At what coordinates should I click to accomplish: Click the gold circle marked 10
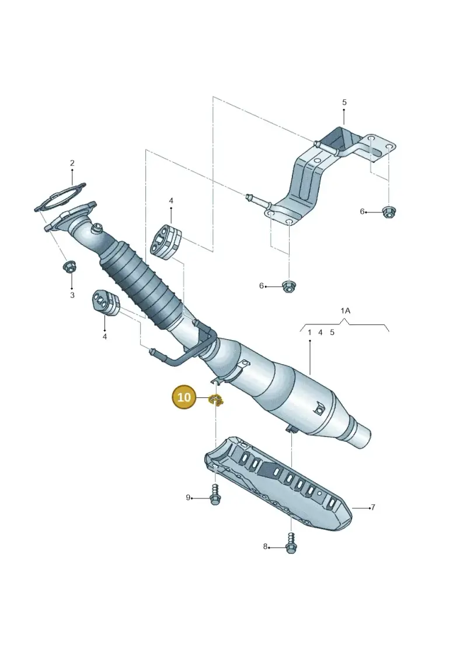point(184,397)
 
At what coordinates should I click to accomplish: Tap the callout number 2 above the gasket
point(72,163)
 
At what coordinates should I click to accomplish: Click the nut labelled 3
point(68,267)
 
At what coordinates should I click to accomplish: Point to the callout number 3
point(72,295)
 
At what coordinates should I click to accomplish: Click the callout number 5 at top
point(344,102)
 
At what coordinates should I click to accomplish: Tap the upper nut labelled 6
point(388,212)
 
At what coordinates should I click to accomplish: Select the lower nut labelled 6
point(288,286)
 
